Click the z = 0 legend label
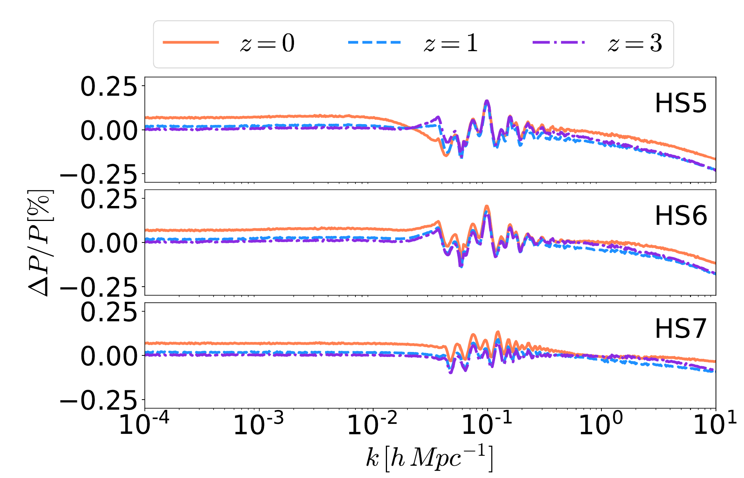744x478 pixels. coord(267,43)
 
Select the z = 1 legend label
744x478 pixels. coord(451,43)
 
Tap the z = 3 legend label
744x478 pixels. coord(635,43)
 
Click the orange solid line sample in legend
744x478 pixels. coord(191,42)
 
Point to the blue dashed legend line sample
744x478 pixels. coord(374,42)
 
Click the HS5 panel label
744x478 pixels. coord(680,103)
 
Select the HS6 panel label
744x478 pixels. coord(680,216)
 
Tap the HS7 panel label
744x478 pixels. coord(680,329)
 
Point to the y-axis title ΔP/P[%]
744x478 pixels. coord(40,243)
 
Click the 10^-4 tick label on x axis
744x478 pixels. coord(144,424)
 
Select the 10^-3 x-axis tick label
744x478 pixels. coord(259,424)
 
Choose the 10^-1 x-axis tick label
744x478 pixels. coord(487,424)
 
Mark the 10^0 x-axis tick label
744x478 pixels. coord(601,424)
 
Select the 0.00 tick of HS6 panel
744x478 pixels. coord(108,244)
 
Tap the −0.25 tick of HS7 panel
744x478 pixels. coord(98,402)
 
